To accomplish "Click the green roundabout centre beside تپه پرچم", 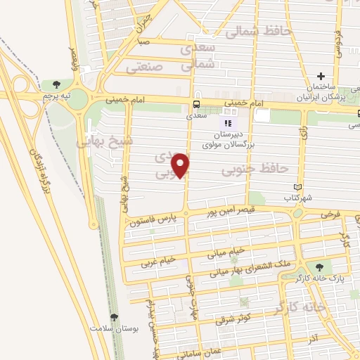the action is pyautogui.click(x=78, y=98).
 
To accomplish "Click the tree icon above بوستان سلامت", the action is pyautogui.click(x=115, y=317).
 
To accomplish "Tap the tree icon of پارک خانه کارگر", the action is pyautogui.click(x=320, y=266).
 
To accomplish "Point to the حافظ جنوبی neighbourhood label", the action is pyautogui.click(x=255, y=169).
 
